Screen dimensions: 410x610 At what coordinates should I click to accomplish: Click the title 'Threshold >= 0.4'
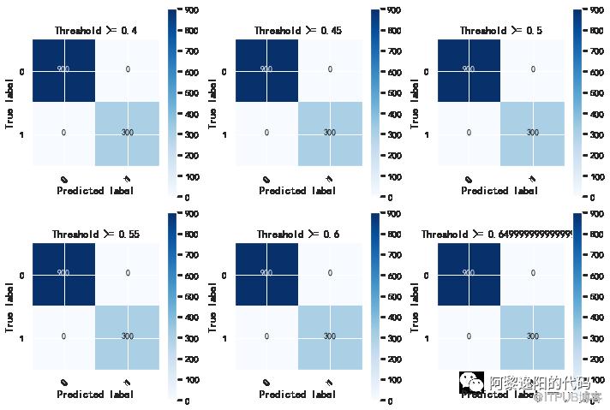coord(95,31)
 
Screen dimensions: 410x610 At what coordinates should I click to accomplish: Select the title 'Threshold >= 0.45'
coord(297,31)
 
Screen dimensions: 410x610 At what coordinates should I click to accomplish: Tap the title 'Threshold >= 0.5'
coord(500,31)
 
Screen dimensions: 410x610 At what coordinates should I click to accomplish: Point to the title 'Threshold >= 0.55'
coord(95,234)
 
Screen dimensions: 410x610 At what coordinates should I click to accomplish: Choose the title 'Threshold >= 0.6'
coord(297,234)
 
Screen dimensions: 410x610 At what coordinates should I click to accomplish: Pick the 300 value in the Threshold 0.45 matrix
coord(329,133)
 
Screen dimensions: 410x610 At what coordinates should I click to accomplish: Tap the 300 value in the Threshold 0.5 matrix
coord(532,133)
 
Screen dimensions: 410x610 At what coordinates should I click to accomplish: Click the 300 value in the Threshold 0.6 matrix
coord(329,336)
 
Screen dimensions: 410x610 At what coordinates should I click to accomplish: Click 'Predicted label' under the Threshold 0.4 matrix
coord(95,191)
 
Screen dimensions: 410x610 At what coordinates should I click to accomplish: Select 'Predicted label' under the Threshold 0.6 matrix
coord(297,395)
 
